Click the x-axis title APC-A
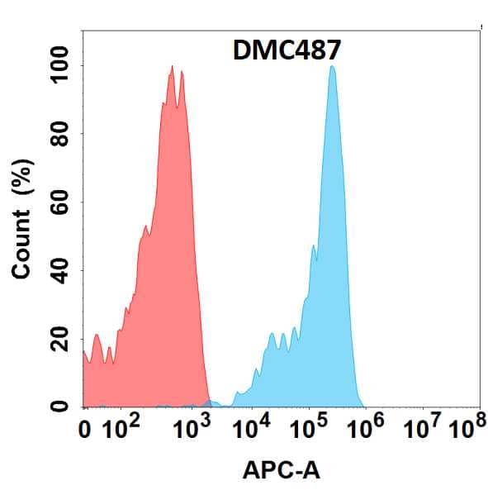click(x=282, y=471)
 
